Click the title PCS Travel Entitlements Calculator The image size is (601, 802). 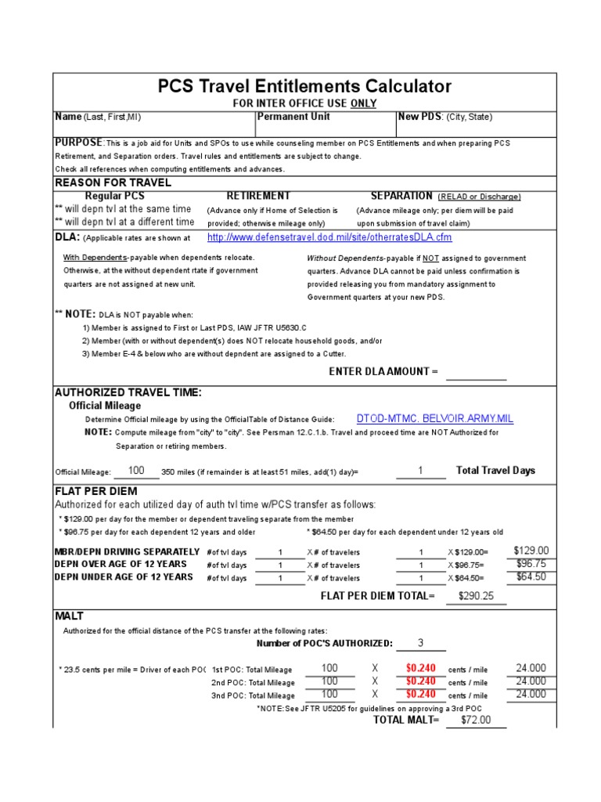(304, 86)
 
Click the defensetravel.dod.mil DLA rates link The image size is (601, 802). (329, 237)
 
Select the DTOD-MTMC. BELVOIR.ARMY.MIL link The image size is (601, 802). (435, 419)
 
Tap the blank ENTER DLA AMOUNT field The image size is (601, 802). (476, 372)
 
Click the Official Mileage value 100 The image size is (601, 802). (136, 471)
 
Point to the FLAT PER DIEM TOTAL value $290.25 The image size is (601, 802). (476, 596)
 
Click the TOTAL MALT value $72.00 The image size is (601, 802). (476, 720)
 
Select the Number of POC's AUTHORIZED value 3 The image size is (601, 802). (420, 643)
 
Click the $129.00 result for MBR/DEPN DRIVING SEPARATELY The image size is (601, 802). (531, 551)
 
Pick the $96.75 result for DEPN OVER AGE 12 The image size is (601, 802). (531, 564)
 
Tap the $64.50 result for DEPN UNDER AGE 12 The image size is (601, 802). (531, 577)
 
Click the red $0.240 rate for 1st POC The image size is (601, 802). (420, 669)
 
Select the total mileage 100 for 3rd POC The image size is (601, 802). (329, 694)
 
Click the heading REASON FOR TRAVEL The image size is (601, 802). (113, 182)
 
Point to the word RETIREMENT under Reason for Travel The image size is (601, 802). (258, 196)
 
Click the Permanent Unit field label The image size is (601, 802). (293, 117)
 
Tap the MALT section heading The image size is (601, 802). (69, 616)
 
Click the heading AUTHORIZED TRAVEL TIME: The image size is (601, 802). (128, 392)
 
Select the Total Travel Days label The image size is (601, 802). (495, 471)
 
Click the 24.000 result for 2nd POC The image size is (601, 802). (531, 681)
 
